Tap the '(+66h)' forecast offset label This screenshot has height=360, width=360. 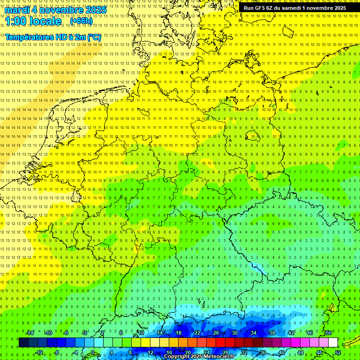tap(81, 21)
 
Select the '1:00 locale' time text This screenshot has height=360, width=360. tap(33, 21)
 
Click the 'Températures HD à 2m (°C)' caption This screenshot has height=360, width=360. tap(53, 37)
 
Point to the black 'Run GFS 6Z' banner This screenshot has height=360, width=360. tap(295, 8)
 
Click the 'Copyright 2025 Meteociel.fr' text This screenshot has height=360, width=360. tap(200, 356)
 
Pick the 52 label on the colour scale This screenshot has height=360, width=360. tap(338, 352)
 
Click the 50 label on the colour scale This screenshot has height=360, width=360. tap(329, 333)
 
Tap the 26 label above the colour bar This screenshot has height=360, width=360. tap(216, 333)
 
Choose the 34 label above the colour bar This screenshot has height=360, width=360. tap(254, 333)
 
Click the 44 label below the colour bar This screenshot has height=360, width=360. tap(300, 352)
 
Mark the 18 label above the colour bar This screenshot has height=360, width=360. tap(179, 333)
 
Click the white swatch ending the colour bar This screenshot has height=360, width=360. tap(333, 343)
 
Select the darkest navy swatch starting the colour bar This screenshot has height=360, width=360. tap(23, 343)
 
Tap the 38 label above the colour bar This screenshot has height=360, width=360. tap(272, 333)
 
